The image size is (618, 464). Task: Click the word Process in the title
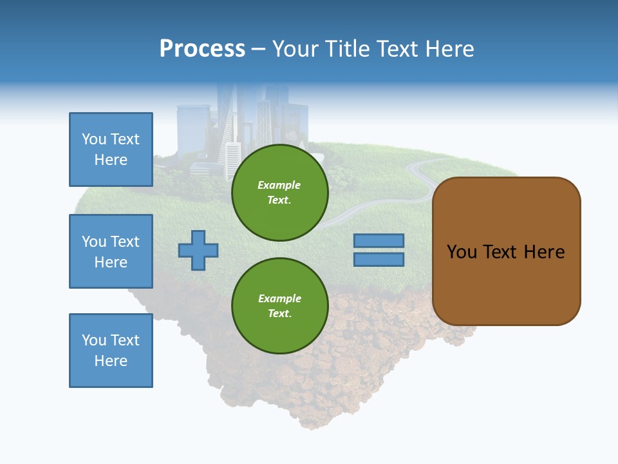click(202, 49)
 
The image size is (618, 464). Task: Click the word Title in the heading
click(347, 49)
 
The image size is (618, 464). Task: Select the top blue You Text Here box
click(111, 150)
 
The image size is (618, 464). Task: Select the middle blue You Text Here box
click(111, 251)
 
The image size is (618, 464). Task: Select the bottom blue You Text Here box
click(111, 351)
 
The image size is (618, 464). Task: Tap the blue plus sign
click(198, 250)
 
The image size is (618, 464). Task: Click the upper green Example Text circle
click(279, 193)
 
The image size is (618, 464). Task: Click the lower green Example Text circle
click(279, 306)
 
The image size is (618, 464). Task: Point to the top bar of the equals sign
click(379, 240)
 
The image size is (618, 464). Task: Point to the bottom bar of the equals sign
click(379, 260)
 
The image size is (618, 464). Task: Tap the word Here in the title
click(449, 49)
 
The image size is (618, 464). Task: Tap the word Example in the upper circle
click(279, 185)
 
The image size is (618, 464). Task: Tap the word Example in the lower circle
click(279, 298)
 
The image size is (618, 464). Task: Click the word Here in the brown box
click(544, 252)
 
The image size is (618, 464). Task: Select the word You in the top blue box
click(93, 139)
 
